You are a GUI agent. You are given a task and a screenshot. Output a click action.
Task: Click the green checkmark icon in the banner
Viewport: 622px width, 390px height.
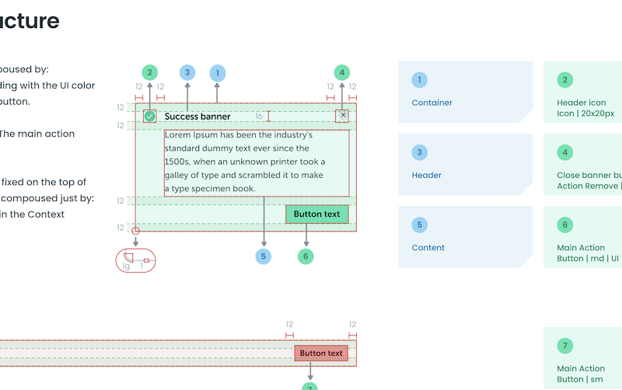click(150, 117)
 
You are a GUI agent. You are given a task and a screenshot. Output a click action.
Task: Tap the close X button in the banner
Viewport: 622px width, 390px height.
click(342, 116)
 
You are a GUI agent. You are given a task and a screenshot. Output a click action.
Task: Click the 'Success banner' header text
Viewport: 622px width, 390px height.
click(197, 117)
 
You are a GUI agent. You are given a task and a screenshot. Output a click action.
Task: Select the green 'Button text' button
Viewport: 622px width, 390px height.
click(316, 214)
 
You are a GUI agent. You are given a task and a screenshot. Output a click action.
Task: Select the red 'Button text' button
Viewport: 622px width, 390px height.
click(321, 353)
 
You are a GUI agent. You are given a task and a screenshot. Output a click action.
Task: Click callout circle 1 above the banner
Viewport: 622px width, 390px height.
click(218, 73)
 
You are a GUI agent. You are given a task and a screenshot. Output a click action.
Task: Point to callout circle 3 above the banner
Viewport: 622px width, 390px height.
click(187, 73)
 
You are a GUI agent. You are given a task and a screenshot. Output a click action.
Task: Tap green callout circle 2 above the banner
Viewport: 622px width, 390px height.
click(150, 73)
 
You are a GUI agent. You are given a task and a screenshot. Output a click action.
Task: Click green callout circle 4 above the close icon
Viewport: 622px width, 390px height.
click(341, 73)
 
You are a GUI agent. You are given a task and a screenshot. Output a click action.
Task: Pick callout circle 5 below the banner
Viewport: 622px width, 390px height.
click(264, 256)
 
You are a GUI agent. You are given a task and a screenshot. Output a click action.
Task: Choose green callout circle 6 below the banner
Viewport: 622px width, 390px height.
click(306, 256)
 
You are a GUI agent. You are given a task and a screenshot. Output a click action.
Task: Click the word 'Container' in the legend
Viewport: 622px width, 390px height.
click(432, 103)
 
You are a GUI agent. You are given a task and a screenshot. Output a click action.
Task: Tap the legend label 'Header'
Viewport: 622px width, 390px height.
click(426, 176)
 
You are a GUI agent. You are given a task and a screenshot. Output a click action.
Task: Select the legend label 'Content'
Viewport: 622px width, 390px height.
click(428, 248)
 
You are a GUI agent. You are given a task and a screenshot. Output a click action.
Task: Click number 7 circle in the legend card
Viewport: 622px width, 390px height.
click(565, 346)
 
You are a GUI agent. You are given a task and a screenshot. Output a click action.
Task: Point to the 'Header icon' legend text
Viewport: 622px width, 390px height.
click(581, 103)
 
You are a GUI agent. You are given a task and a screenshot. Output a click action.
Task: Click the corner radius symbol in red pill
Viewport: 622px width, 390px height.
click(129, 257)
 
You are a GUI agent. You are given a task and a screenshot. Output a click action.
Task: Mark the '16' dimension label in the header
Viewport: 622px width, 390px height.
click(259, 117)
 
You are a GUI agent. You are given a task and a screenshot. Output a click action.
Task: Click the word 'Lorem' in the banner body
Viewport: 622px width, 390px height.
click(178, 134)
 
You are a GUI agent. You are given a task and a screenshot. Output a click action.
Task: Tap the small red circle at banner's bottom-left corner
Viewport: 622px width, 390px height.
click(136, 231)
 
